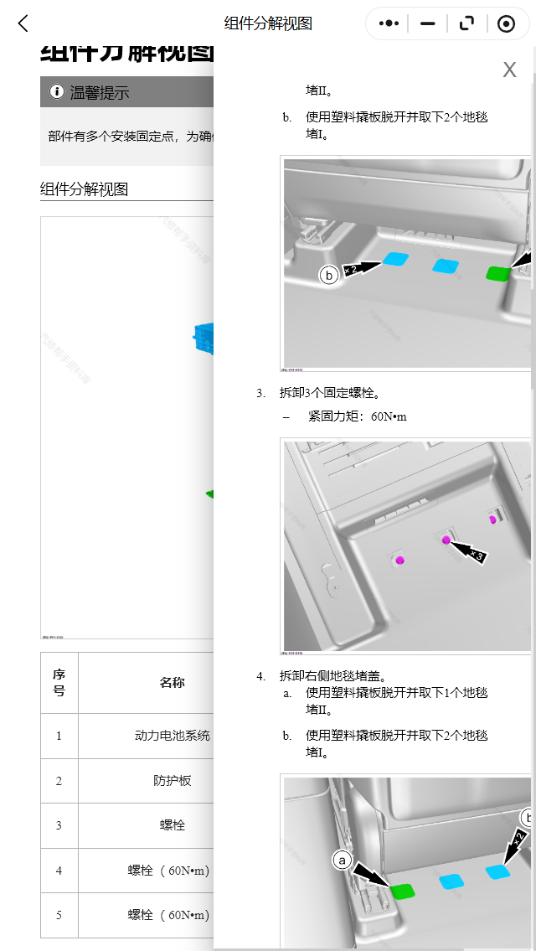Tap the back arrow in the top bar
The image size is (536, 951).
[x=23, y=23]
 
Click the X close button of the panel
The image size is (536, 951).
[x=509, y=70]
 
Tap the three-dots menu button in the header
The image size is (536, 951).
[x=389, y=23]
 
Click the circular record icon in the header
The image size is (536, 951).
[x=506, y=23]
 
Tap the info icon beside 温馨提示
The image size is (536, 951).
[x=57, y=92]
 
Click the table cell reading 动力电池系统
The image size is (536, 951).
[x=172, y=737]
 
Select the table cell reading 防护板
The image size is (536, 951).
[x=172, y=781]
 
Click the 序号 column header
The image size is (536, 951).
[x=59, y=683]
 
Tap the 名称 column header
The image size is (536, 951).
[x=172, y=683]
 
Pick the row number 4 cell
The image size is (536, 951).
[x=59, y=871]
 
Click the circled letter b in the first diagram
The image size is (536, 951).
[x=329, y=275]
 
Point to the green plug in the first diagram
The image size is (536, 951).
[x=498, y=272]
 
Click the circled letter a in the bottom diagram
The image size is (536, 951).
[x=341, y=860]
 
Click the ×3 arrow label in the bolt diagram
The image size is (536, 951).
[x=475, y=555]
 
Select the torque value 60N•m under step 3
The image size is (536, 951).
[x=389, y=416]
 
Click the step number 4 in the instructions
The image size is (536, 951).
[x=261, y=675]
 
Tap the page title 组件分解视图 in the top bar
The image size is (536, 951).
[x=268, y=23]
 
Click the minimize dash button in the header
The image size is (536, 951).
[x=428, y=23]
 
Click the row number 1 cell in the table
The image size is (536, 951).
[x=59, y=737]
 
